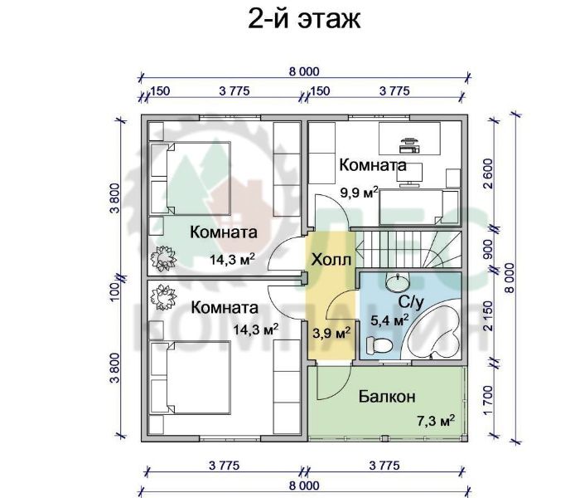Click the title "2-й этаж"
(304, 19)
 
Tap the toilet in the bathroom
(379, 345)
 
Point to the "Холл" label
(331, 260)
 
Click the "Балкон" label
(387, 397)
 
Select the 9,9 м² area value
(359, 193)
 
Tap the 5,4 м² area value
(389, 320)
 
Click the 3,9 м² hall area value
(331, 333)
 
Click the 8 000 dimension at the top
(304, 71)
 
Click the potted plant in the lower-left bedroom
(162, 296)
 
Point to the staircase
(408, 250)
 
